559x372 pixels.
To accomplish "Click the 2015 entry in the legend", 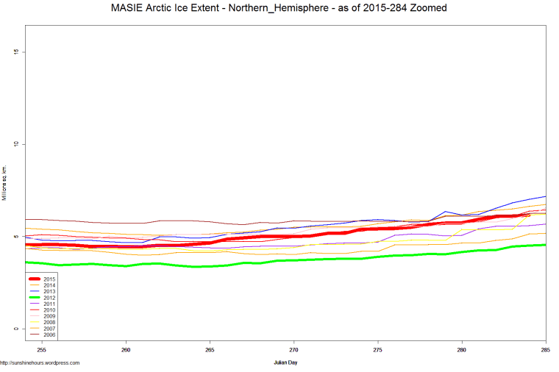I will click(x=49, y=279).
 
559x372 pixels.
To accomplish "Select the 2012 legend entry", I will click(x=49, y=298).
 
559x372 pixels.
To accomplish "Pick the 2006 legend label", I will click(x=49, y=335).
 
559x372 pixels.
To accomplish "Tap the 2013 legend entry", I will click(x=49, y=292).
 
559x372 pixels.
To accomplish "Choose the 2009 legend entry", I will click(x=49, y=316).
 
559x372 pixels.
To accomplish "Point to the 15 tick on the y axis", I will click(x=15, y=51).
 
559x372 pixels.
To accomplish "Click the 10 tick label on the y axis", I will click(x=15, y=144).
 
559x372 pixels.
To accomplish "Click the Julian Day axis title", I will click(x=285, y=362).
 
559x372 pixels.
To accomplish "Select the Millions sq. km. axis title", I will click(x=4, y=183).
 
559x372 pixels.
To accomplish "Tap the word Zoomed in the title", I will click(x=429, y=8).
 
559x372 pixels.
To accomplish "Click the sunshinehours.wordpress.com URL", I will click(x=40, y=362).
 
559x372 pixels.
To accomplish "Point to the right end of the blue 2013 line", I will click(x=545, y=196).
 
